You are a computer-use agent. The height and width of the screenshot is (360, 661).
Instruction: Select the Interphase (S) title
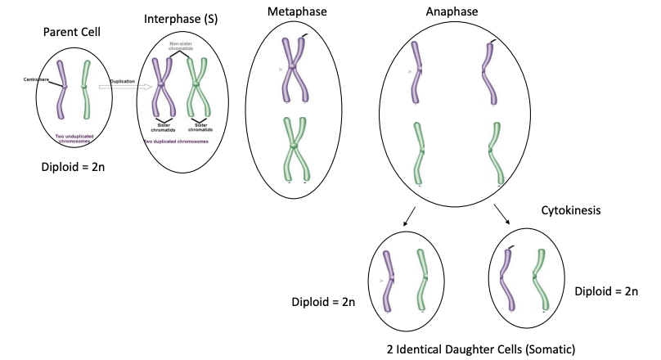point(179,18)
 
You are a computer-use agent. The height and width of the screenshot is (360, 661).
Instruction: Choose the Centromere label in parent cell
point(38,79)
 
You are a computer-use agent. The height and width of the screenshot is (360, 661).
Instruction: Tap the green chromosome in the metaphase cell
point(294,148)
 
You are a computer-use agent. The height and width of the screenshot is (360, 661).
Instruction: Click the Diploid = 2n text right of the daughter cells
point(606,290)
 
